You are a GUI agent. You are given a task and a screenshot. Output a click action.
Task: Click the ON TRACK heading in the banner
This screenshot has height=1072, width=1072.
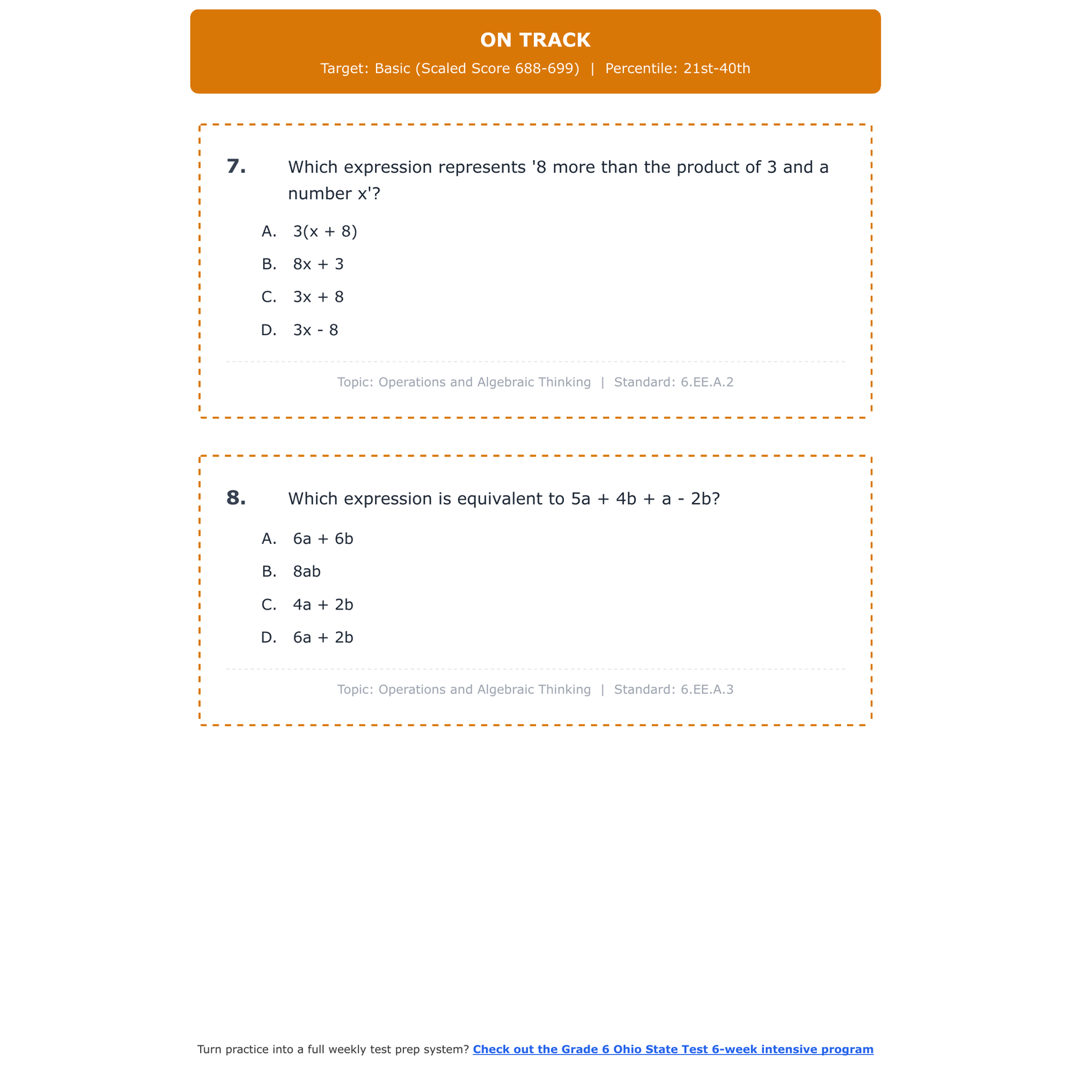coord(535,40)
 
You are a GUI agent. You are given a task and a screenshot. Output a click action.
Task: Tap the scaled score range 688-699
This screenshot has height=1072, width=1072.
coord(547,69)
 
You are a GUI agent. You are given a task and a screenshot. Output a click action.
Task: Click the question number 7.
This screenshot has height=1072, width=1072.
coord(236,167)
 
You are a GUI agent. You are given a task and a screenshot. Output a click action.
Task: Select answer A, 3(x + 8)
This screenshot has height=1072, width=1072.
coord(324,232)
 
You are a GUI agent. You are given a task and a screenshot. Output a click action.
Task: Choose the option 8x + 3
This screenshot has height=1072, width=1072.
coord(318,264)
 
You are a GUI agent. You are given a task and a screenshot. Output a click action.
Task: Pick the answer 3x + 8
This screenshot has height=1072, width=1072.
coord(318,297)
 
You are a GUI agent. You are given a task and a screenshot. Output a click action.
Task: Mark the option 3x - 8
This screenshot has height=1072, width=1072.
coord(315,330)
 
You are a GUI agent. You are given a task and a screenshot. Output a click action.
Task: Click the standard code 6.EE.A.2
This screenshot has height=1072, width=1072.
coord(707,382)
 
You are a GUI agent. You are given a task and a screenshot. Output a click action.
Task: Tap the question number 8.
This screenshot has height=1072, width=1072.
coord(236,498)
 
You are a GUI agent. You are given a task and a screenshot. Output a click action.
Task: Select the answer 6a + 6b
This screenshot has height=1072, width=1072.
coord(323,539)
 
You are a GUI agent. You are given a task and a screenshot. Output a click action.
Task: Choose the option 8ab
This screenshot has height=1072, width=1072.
coord(307,572)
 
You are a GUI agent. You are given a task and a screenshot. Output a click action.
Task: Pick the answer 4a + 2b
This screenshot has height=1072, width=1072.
coord(323,605)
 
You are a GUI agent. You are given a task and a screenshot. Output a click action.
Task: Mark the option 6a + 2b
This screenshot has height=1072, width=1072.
coord(323,637)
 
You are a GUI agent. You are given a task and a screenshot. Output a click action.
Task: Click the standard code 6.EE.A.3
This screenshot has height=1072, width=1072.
coord(707,690)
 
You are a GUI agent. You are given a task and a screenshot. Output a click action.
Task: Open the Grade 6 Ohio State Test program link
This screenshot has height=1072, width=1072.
coord(673,1049)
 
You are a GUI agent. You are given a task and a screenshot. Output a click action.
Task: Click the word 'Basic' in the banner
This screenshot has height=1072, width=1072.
coord(392,69)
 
